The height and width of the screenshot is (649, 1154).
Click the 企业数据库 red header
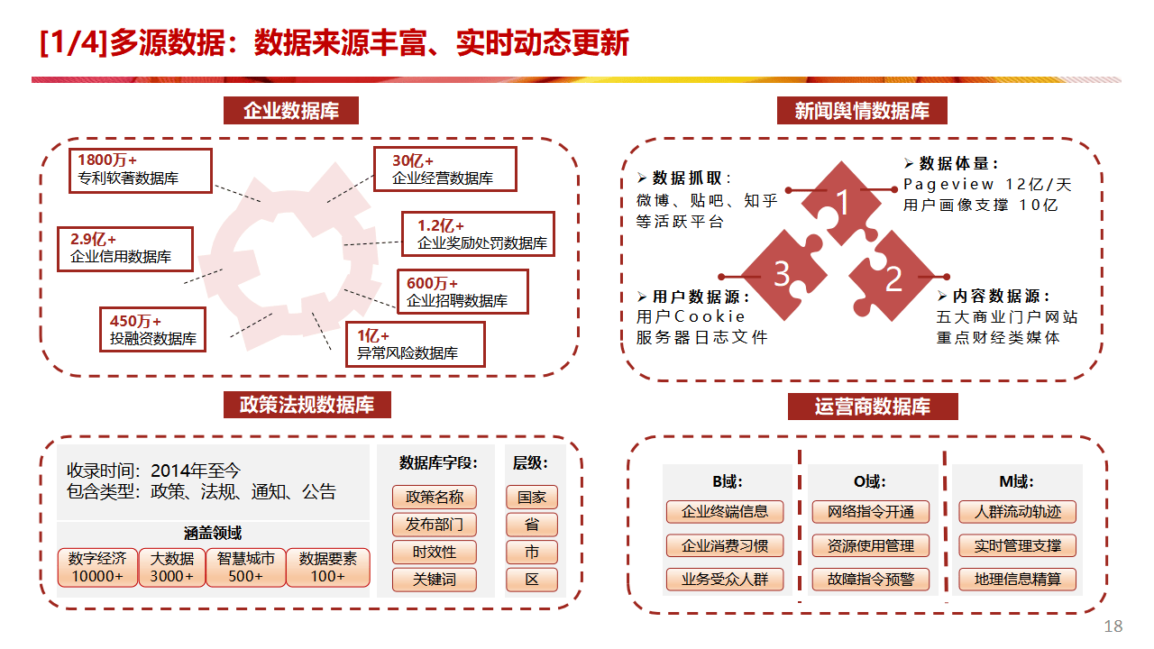(291, 111)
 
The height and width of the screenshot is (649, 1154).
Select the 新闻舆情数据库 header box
(862, 111)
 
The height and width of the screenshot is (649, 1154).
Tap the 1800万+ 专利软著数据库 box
(140, 170)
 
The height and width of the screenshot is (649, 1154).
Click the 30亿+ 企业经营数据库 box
(445, 169)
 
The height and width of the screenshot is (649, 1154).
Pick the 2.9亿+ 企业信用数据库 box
(125, 248)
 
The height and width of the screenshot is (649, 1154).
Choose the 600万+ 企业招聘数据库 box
(462, 292)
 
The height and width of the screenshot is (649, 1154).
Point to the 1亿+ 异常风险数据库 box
(415, 344)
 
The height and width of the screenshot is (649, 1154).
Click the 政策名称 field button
(435, 497)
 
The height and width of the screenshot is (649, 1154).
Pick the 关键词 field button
(435, 580)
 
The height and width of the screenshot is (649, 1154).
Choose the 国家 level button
(532, 497)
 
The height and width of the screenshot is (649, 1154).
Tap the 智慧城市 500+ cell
(246, 567)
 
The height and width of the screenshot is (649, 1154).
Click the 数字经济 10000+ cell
(97, 567)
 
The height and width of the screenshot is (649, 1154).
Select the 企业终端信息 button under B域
(725, 512)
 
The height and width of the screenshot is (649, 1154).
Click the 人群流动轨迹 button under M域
(1017, 512)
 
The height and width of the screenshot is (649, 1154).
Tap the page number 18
(1113, 626)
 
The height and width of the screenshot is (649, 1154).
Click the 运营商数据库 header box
(872, 407)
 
